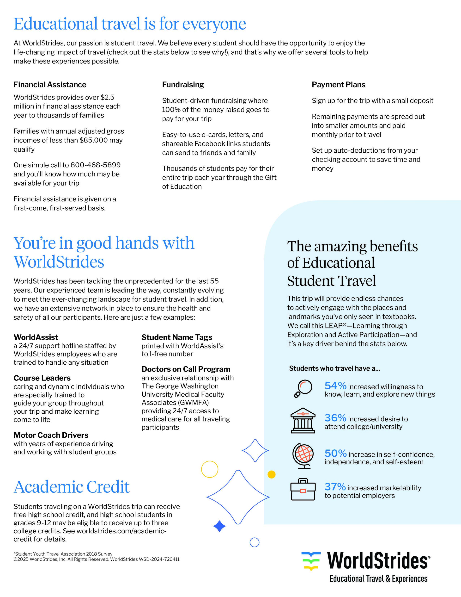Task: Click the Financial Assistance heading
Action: pyautogui.click(x=50, y=85)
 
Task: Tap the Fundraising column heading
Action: pyautogui.click(x=183, y=85)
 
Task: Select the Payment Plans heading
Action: pyautogui.click(x=338, y=85)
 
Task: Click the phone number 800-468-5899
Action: pyautogui.click(x=95, y=165)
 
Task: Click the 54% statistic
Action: pyautogui.click(x=335, y=386)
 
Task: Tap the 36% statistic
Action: pyautogui.click(x=335, y=418)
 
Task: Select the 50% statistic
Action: pyautogui.click(x=335, y=454)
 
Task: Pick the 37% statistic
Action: pyautogui.click(x=335, y=487)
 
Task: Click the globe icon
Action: pyautogui.click(x=303, y=455)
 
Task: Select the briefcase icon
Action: pyautogui.click(x=303, y=490)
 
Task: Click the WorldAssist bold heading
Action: pyautogui.click(x=36, y=337)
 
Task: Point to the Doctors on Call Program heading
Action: pyautogui.click(x=186, y=369)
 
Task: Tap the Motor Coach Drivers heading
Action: pyautogui.click(x=51, y=435)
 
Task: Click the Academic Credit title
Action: pyautogui.click(x=72, y=487)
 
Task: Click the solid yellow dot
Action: pyautogui.click(x=272, y=474)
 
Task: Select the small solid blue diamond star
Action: pyautogui.click(x=219, y=526)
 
